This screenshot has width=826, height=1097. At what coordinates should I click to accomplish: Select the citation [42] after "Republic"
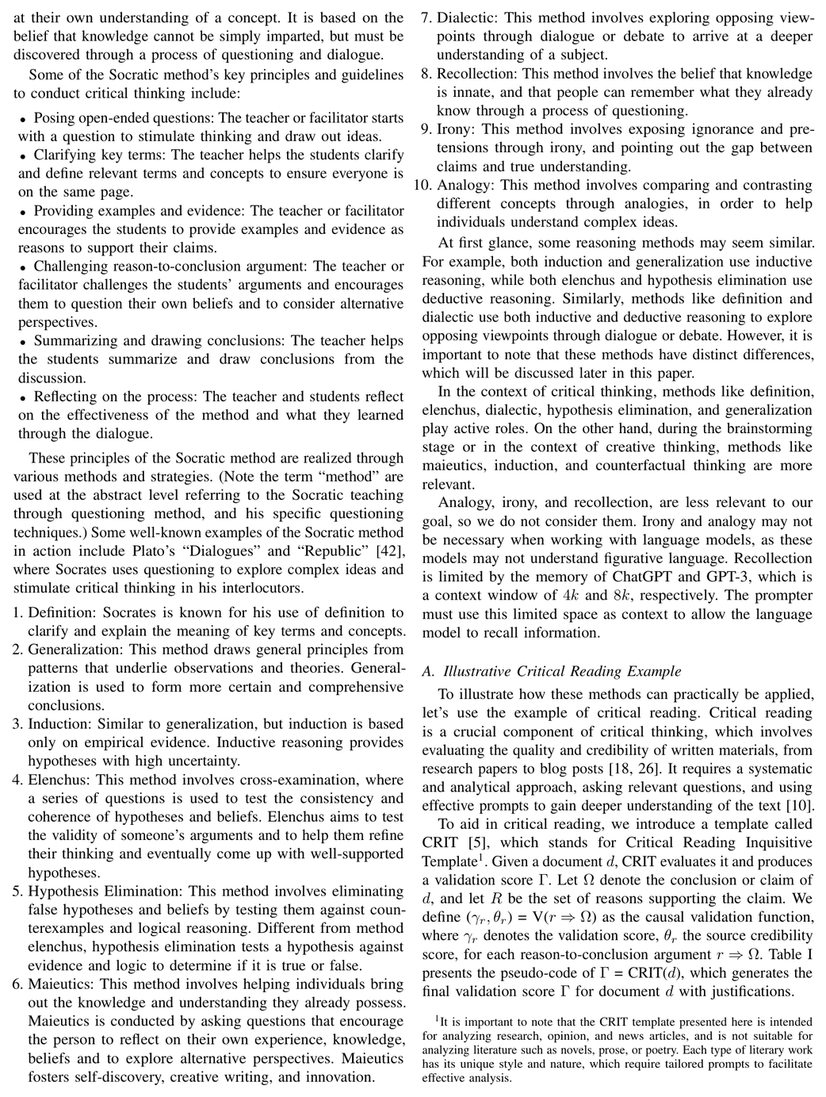388,550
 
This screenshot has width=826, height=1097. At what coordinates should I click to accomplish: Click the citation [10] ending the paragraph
799,806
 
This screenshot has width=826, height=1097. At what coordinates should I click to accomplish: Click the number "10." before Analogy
423,185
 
